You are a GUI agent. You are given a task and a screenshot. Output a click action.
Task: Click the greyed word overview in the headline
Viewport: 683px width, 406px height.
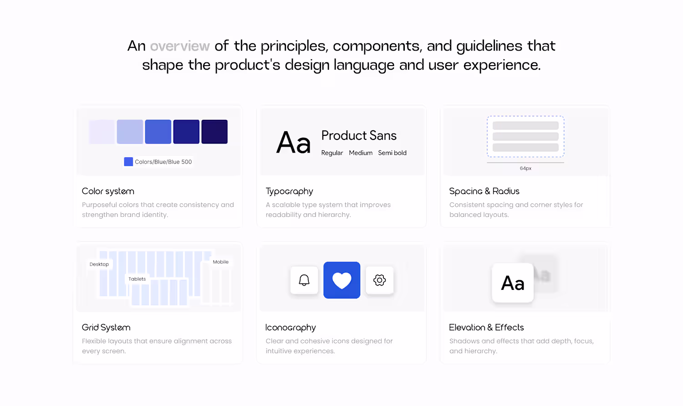[180, 46]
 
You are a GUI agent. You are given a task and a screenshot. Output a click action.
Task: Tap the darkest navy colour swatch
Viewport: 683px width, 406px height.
[214, 132]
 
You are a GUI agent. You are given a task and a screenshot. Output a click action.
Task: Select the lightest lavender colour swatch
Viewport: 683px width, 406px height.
[102, 132]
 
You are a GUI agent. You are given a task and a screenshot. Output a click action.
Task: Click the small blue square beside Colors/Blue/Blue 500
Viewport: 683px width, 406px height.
[128, 162]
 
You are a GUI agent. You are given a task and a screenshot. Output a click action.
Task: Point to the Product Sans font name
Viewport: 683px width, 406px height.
[359, 135]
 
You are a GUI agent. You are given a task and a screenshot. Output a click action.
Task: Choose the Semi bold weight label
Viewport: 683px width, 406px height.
[392, 153]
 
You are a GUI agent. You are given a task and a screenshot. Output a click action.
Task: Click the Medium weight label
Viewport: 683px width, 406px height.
[361, 153]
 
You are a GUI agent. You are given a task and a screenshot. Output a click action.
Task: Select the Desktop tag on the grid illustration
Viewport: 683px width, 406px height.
[99, 264]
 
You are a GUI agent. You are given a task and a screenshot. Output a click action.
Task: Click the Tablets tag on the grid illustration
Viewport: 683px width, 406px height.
[137, 279]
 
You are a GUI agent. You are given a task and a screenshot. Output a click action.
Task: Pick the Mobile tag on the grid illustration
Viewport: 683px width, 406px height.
[220, 262]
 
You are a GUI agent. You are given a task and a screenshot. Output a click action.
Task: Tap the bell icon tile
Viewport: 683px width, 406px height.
[304, 280]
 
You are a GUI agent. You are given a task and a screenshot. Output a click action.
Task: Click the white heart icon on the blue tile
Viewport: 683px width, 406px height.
[342, 280]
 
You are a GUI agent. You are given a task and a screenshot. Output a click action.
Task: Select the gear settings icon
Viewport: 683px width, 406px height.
[380, 280]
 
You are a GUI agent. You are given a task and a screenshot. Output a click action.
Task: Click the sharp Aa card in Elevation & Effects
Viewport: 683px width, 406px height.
[513, 283]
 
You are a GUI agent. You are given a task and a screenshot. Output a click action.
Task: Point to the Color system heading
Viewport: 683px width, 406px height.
[108, 191]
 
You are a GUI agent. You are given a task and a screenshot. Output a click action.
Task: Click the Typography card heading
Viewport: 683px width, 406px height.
[289, 191]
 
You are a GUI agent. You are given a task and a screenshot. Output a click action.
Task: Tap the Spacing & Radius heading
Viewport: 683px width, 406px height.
[484, 191]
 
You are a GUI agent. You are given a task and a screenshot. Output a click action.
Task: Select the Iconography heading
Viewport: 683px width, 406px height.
[291, 328]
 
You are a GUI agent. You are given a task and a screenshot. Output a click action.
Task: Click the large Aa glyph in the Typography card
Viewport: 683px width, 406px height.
[293, 143]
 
